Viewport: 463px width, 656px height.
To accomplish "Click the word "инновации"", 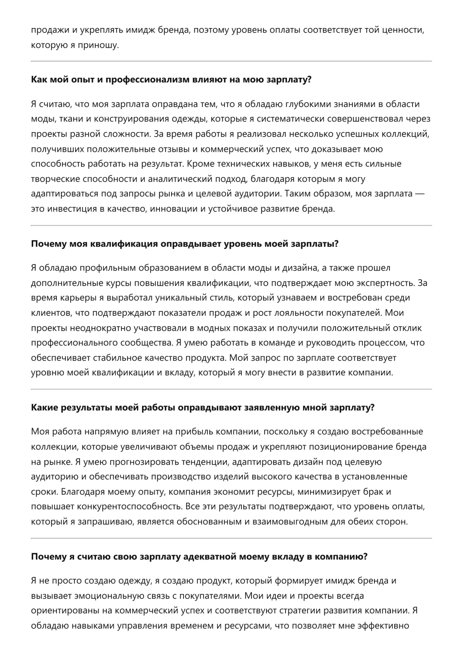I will tap(174, 209).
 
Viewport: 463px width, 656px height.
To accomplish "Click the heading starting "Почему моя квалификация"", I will tap(185, 244).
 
